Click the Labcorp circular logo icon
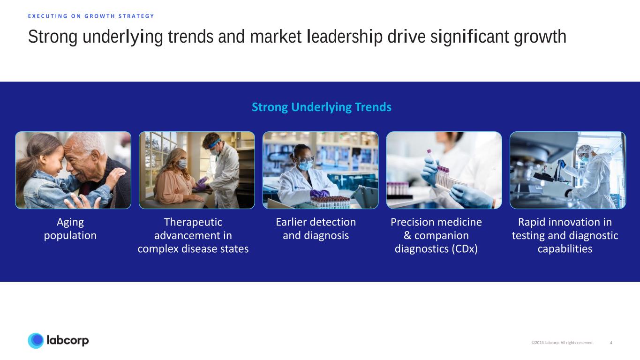coord(36,341)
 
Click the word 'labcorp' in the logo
coord(68,340)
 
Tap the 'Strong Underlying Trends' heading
coord(322,107)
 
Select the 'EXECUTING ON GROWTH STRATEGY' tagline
coord(91,16)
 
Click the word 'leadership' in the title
coord(345,37)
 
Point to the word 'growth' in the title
coord(540,37)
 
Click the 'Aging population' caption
coord(70,229)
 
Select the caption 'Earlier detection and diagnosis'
coord(316,229)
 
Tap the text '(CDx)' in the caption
coord(465,249)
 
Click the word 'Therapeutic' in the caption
coord(193,222)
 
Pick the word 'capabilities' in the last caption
coord(565,249)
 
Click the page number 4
coord(611,343)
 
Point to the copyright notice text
coord(562,343)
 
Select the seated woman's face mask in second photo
coord(182,164)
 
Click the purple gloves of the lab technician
coord(319,194)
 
